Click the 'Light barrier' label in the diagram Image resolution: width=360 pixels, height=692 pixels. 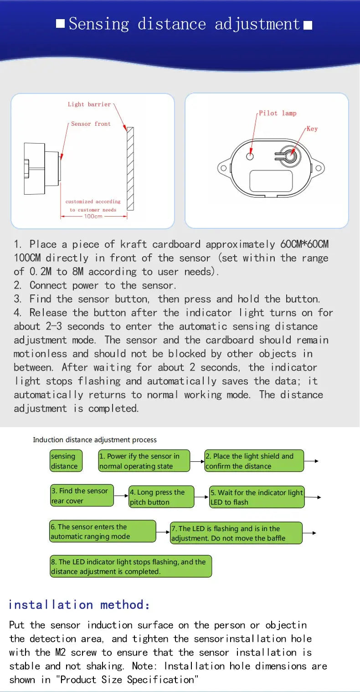[89, 104]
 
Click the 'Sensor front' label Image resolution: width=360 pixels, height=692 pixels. [91, 124]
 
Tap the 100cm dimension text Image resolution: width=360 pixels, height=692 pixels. [93, 216]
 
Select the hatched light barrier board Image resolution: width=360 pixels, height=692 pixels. [130, 169]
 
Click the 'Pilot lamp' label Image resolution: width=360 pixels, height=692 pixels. [278, 113]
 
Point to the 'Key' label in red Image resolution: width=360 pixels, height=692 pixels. [312, 129]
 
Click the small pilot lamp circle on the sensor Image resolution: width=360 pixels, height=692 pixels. [250, 156]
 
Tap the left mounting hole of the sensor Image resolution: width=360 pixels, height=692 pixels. [223, 168]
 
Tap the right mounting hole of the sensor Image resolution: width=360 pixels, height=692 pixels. [319, 168]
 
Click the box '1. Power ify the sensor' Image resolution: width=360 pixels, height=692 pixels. [144, 461]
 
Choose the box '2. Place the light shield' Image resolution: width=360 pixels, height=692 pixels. [254, 461]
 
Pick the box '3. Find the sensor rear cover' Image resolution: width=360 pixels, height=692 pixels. [82, 496]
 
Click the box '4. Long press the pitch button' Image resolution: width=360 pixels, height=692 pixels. [161, 497]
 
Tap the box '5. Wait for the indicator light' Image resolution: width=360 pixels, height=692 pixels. [257, 497]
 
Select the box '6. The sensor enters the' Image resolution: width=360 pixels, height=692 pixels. [103, 532]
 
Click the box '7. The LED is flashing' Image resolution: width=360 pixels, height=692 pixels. [236, 533]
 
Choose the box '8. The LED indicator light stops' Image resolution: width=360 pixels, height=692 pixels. [131, 566]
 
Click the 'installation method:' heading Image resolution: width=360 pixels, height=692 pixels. [79, 604]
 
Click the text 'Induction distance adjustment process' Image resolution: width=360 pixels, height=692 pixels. [95, 440]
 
